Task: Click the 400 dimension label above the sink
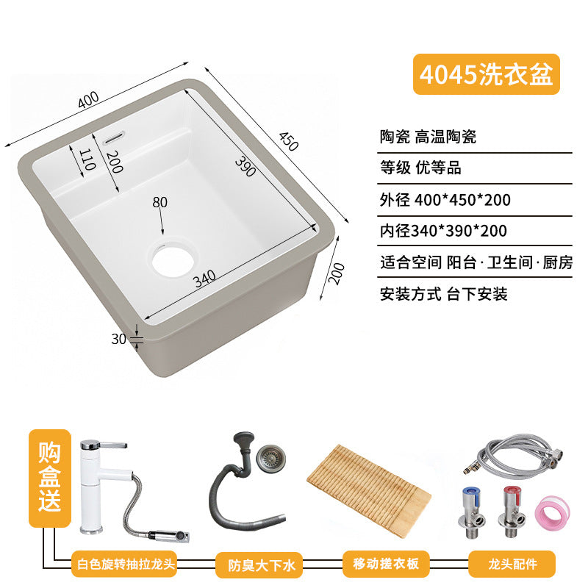click(x=88, y=100)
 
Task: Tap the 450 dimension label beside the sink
click(x=288, y=141)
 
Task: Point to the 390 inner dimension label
click(x=245, y=167)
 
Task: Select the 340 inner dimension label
click(x=205, y=279)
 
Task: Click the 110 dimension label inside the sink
click(x=87, y=159)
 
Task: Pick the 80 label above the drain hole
click(x=159, y=203)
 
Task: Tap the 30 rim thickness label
click(x=118, y=339)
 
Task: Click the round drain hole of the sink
click(x=173, y=260)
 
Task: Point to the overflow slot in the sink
click(x=115, y=137)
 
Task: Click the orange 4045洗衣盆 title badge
click(x=487, y=74)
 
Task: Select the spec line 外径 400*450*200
click(x=445, y=200)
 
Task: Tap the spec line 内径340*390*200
click(x=443, y=231)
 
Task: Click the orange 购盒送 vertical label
click(x=49, y=478)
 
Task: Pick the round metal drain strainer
click(x=270, y=457)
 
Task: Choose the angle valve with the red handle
click(x=511, y=512)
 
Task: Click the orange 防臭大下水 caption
click(x=262, y=564)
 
